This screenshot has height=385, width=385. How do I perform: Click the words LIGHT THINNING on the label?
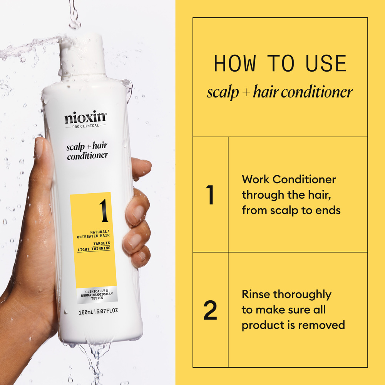tap(94, 249)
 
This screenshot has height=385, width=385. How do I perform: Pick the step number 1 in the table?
tap(210, 195)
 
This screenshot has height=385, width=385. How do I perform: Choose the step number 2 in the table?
tap(210, 310)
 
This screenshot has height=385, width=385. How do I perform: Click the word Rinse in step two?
tap(256, 295)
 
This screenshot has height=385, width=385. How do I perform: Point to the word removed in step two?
tap(322, 325)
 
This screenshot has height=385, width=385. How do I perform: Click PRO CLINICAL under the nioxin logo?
tap(85, 126)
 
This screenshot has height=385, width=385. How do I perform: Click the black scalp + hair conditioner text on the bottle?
tap(87, 151)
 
